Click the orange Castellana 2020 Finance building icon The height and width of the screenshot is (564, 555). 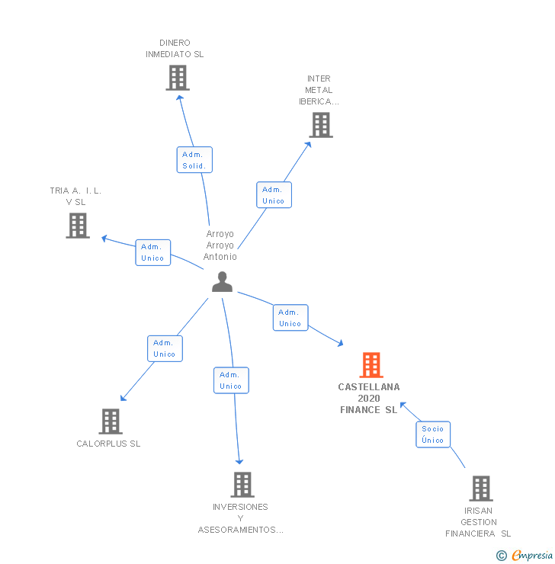click(x=371, y=365)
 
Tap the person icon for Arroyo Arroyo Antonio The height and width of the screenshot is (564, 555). click(x=222, y=282)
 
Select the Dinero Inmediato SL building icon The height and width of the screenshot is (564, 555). click(x=178, y=78)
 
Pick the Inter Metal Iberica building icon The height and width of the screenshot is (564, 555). click(x=321, y=125)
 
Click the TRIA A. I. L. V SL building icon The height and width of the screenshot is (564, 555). click(x=78, y=226)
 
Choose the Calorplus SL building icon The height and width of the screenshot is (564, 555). click(x=111, y=421)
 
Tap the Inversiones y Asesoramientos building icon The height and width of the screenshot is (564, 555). click(x=242, y=485)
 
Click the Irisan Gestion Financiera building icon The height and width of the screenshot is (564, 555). click(x=480, y=489)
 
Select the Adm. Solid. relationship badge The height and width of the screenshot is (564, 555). click(x=194, y=160)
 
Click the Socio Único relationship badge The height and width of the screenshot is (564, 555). click(x=432, y=434)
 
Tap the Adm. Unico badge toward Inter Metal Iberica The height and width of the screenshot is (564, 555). click(x=274, y=195)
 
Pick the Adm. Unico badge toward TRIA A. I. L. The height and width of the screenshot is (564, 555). click(x=152, y=252)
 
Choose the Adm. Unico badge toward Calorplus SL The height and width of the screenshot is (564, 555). click(x=165, y=348)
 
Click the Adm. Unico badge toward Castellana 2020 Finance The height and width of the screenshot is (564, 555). click(x=290, y=318)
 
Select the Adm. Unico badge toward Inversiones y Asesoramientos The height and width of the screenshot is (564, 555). click(x=231, y=380)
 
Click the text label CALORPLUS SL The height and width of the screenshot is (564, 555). click(x=108, y=444)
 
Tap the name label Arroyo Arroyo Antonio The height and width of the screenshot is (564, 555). click(x=220, y=245)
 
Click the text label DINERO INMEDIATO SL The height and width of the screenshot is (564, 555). click(x=175, y=49)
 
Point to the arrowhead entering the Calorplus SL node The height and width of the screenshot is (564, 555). click(x=123, y=399)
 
